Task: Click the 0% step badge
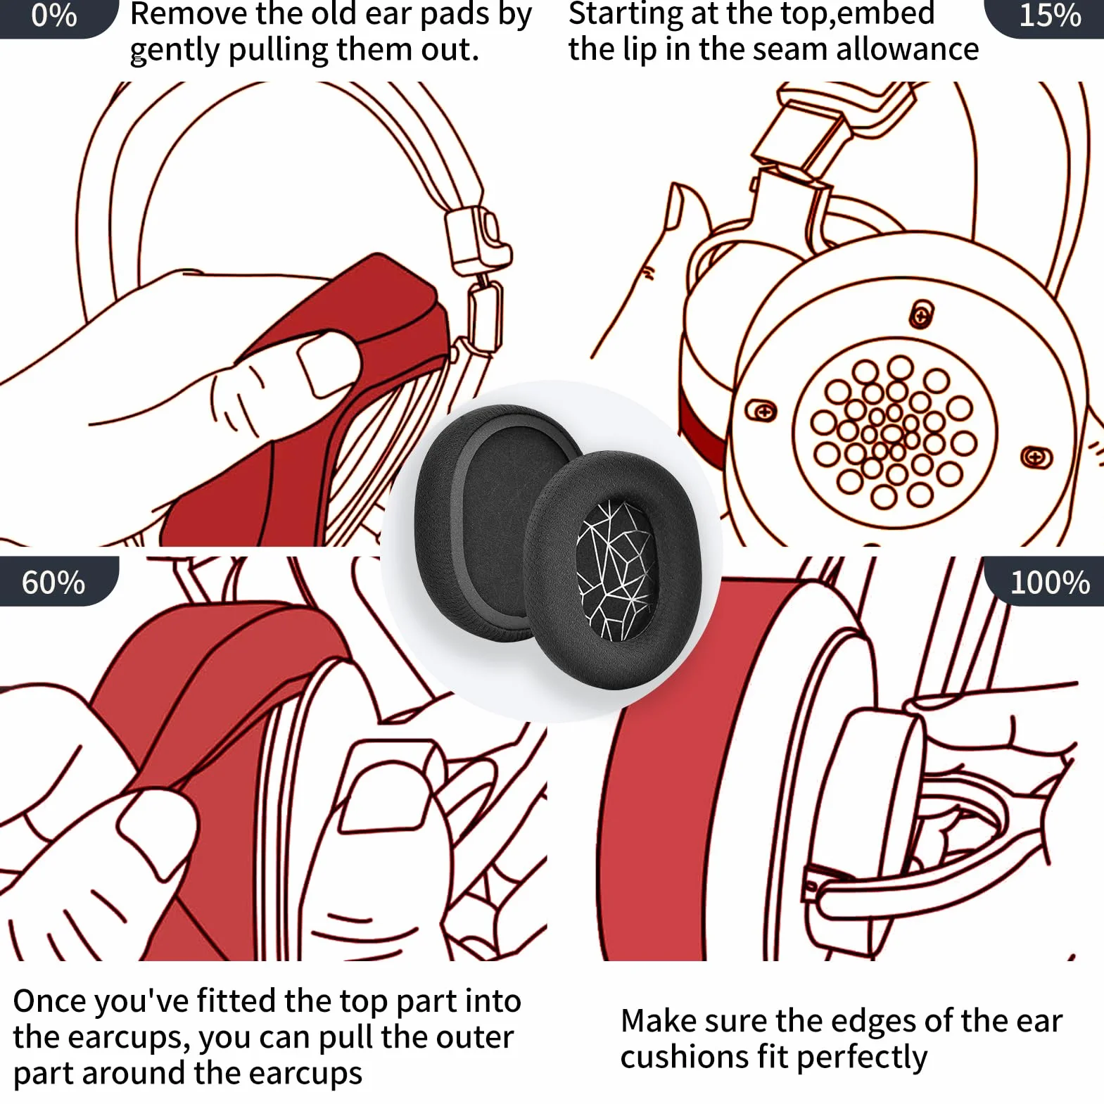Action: tap(56, 17)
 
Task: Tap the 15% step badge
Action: tap(1046, 17)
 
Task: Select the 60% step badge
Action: tap(56, 581)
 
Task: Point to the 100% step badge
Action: tap(1046, 581)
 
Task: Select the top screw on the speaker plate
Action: tap(922, 315)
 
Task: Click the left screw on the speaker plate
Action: tap(761, 410)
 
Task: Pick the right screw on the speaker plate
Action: tap(1036, 458)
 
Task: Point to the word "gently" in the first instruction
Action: tap(175, 51)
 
